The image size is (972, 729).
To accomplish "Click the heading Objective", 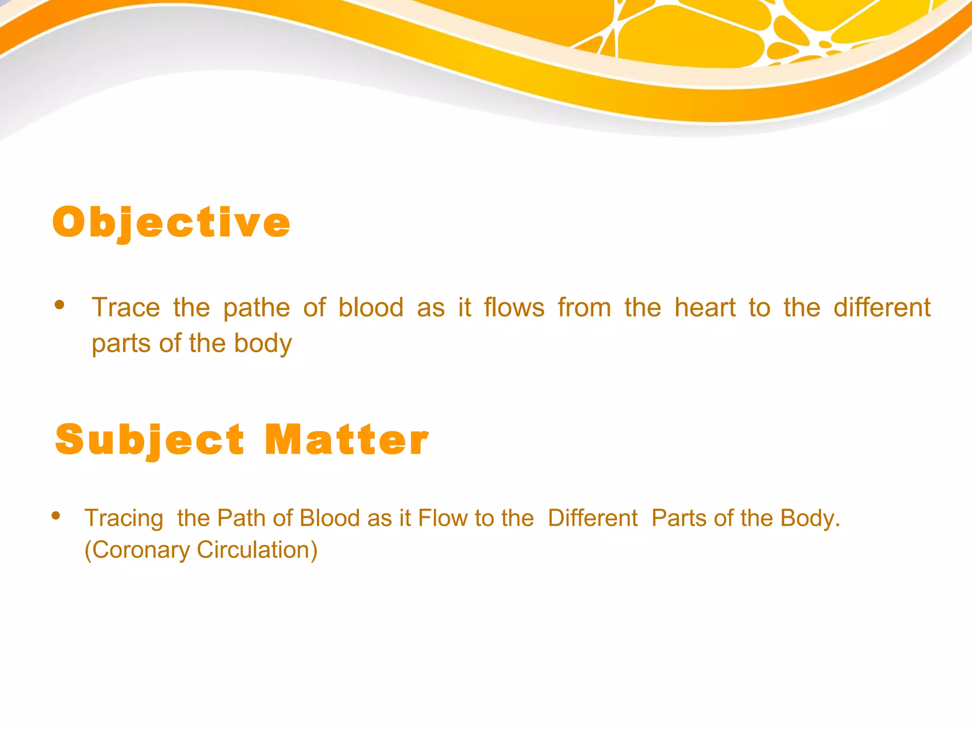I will point(171,223).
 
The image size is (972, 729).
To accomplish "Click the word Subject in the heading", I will point(150,440).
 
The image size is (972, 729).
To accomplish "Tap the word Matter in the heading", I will point(346,440).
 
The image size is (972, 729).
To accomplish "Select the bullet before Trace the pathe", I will point(59,305).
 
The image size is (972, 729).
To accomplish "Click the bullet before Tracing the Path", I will point(56,515).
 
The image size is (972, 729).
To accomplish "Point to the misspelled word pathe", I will point(256,308).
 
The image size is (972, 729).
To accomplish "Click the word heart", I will point(705,308).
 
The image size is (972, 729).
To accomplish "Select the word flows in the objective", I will point(514,308).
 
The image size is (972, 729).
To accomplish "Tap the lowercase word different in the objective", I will point(882,308).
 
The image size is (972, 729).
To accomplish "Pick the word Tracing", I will point(124,518).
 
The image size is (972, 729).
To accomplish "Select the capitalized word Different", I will point(592,518).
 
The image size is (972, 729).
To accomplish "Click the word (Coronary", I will point(137,550).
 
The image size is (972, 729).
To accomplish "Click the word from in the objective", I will point(584,308).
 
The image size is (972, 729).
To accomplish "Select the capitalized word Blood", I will point(330,518).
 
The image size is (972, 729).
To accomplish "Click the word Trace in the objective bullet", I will point(126,308).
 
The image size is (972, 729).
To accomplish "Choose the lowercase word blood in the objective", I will point(371,308).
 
